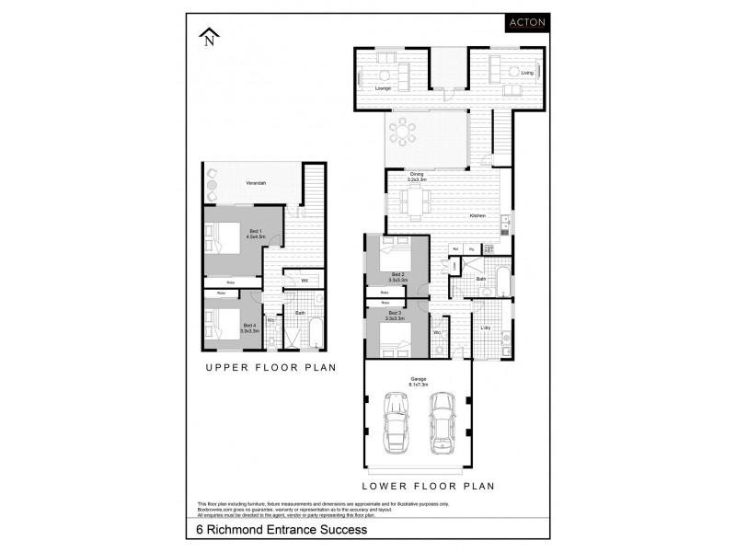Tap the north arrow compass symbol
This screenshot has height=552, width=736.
210,37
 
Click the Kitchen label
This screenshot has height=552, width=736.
477,215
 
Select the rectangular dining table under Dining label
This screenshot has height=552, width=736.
419,199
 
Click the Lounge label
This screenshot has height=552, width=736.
383,88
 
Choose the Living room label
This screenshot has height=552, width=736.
527,72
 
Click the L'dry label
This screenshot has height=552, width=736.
485,328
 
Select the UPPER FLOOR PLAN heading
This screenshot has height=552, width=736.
270,367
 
